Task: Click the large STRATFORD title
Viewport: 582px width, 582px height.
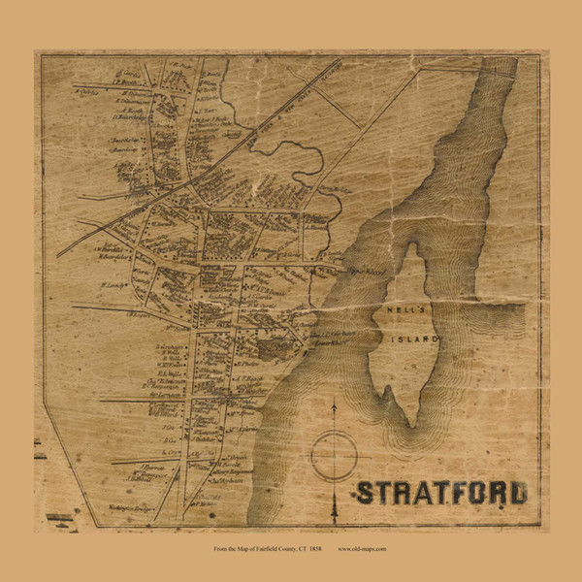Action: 440,492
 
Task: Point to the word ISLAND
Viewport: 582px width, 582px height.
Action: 418,339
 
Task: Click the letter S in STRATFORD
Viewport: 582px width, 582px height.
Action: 364,492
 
